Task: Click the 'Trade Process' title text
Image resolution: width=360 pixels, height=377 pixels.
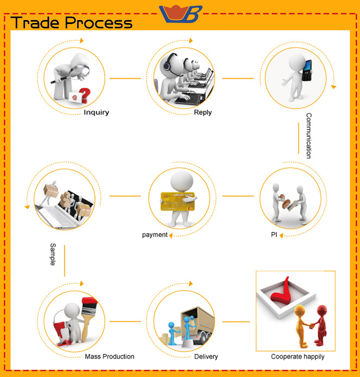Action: pyautogui.click(x=72, y=23)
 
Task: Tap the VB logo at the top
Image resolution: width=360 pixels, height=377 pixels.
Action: pyautogui.click(x=181, y=13)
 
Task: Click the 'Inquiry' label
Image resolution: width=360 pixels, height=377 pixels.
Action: pyautogui.click(x=96, y=112)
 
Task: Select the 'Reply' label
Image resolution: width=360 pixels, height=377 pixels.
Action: pyautogui.click(x=203, y=112)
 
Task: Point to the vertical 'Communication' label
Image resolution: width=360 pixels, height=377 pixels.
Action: pyautogui.click(x=309, y=135)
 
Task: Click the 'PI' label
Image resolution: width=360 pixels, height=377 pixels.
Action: pyautogui.click(x=274, y=235)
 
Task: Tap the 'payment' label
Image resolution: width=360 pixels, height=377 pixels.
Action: pyautogui.click(x=155, y=235)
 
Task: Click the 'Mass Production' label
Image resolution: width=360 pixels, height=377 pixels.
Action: pyautogui.click(x=109, y=356)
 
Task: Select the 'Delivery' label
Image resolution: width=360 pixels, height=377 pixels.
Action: pyautogui.click(x=206, y=356)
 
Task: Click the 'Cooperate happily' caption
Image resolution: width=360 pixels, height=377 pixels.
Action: pyautogui.click(x=298, y=356)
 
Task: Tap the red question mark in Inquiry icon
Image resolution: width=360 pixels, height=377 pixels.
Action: pyautogui.click(x=84, y=94)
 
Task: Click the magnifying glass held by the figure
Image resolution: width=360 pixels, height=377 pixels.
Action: pyautogui.click(x=80, y=72)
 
